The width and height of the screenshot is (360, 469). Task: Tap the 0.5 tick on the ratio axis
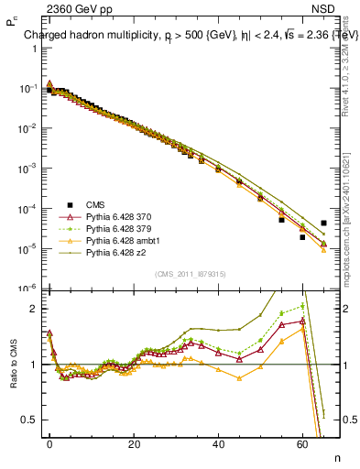30,420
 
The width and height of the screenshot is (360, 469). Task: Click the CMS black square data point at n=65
323,223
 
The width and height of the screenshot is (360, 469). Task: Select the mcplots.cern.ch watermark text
351,229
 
